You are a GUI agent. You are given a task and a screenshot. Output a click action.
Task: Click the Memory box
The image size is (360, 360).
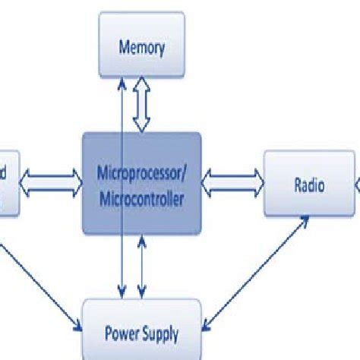pos(142,47)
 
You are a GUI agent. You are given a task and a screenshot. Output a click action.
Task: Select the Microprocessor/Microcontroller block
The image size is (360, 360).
pos(142,182)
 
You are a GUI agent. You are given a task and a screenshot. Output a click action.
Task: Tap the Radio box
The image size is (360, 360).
pos(309,183)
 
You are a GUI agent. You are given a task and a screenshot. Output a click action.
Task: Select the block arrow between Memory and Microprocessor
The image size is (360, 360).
pos(142,108)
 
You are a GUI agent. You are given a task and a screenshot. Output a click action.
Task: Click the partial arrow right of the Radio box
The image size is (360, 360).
pos(357,183)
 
